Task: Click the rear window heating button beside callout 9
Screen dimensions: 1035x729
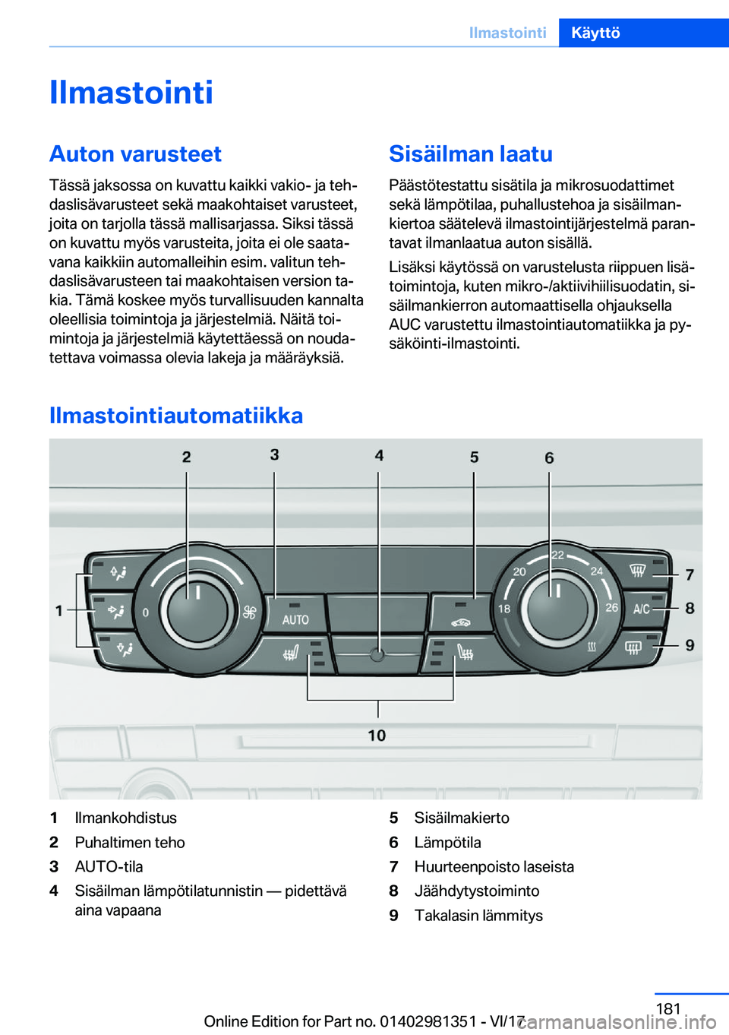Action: (633, 647)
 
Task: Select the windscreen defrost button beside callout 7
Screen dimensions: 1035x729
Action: (637, 571)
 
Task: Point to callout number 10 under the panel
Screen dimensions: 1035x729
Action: (377, 736)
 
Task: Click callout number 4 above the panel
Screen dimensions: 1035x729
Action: (379, 455)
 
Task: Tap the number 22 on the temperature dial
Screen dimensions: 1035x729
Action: (558, 555)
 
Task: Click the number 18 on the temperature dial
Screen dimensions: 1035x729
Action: (504, 609)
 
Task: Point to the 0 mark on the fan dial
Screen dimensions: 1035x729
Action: (146, 612)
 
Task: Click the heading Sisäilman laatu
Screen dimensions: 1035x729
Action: (471, 154)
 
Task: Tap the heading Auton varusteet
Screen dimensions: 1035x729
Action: (135, 154)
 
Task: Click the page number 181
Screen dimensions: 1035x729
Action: (668, 1008)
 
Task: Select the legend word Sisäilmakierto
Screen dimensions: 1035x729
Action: (462, 818)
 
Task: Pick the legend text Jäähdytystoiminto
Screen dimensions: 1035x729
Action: (477, 891)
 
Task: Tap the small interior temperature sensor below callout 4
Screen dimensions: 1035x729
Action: (377, 654)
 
